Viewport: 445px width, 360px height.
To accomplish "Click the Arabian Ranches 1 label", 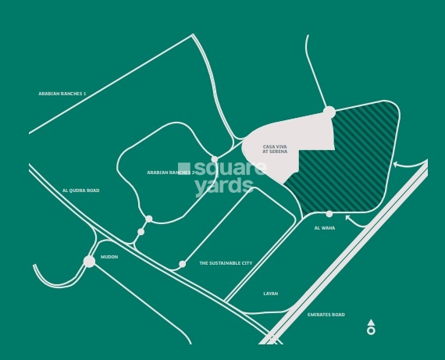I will click(62, 94).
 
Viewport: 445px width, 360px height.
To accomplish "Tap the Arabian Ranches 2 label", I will click(170, 173).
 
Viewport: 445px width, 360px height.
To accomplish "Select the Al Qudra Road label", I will click(81, 191).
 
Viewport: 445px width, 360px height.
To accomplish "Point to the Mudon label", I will click(109, 257).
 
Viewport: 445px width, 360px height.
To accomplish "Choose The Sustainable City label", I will click(226, 263).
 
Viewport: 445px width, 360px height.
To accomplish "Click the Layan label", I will click(270, 294).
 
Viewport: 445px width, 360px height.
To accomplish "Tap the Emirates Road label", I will click(326, 315).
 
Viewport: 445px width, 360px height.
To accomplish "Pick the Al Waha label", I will click(324, 228).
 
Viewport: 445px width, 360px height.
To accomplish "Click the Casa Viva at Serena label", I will click(275, 148).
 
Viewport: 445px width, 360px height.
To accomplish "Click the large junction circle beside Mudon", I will click(89, 261).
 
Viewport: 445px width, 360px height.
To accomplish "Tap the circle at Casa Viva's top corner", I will click(329, 112).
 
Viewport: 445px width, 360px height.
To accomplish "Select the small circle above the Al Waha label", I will click(329, 214).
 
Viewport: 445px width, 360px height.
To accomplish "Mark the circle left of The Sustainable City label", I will click(183, 264).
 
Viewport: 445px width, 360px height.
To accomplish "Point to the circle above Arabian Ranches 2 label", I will click(215, 159).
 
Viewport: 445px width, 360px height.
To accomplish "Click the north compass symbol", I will click(371, 327).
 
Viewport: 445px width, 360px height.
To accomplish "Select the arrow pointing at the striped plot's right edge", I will click(397, 164).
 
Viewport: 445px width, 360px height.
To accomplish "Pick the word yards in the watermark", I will click(224, 186).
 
